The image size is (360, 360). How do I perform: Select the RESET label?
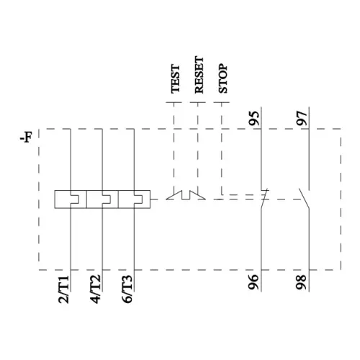click(199, 77)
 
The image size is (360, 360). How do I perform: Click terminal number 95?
click(254, 119)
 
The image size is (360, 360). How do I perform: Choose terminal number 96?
click(254, 282)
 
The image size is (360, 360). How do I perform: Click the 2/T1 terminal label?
click(63, 288)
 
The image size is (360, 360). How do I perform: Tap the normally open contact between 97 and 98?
click(305, 195)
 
